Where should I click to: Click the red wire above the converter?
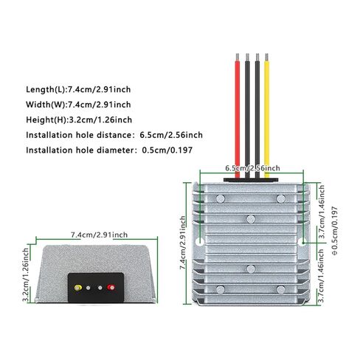pyautogui.click(x=238, y=116)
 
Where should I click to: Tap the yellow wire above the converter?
pyautogui.click(x=267, y=116)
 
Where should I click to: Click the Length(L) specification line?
pyautogui.click(x=78, y=89)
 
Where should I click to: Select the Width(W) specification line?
pyautogui.click(x=78, y=105)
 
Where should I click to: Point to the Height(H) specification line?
pyautogui.click(x=79, y=120)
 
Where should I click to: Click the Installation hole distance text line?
pyautogui.click(x=114, y=135)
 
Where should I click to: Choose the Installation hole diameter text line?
pyautogui.click(x=109, y=150)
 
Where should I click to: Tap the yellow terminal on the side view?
pyautogui.click(x=78, y=288)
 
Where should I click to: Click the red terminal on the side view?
pyautogui.click(x=111, y=287)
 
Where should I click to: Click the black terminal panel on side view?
pyautogui.click(x=96, y=288)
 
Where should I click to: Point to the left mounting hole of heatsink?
pyautogui.click(x=201, y=242)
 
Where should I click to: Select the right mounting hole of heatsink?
pyautogui.click(x=303, y=242)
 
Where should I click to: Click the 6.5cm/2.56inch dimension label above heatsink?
pyautogui.click(x=252, y=168)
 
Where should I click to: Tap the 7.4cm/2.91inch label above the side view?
pyautogui.click(x=100, y=235)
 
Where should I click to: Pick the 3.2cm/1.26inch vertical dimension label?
pyautogui.click(x=26, y=274)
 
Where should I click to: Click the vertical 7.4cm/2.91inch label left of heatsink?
pyautogui.click(x=183, y=243)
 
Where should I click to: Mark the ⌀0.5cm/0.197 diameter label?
pyautogui.click(x=335, y=231)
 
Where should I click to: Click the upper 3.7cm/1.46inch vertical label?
pyautogui.click(x=322, y=212)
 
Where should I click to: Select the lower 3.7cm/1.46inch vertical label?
pyautogui.click(x=322, y=276)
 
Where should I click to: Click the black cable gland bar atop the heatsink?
pyautogui.click(x=251, y=180)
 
